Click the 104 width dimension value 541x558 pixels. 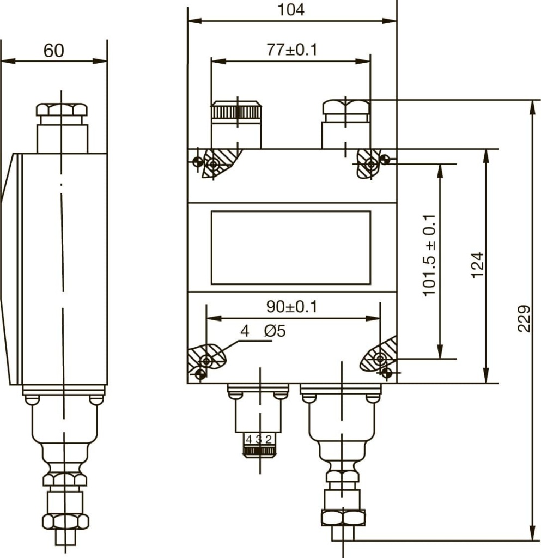click(291, 10)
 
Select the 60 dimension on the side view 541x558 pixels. click(54, 51)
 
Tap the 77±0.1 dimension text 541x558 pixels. click(291, 50)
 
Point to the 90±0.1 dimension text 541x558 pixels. click(291, 307)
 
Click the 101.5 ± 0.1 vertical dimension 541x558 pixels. click(429, 255)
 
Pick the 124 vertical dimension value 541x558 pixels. click(477, 265)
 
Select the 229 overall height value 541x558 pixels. click(524, 318)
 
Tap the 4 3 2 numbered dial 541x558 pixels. click(259, 439)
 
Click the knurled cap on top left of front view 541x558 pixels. click(236, 110)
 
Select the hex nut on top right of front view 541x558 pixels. click(346, 107)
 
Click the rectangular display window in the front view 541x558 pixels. click(291, 248)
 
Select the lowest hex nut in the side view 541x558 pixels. click(65, 521)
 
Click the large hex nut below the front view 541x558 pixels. click(343, 518)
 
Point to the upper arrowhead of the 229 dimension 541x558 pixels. click(532, 107)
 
